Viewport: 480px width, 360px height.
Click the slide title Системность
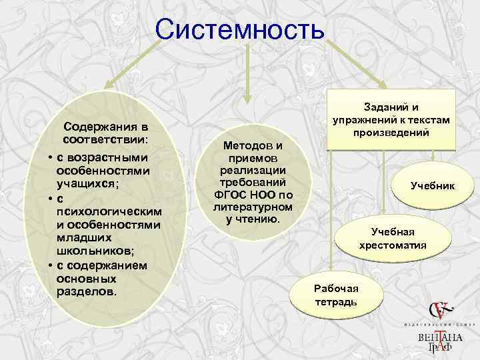(x=239, y=30)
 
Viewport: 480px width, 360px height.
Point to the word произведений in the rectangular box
(x=391, y=133)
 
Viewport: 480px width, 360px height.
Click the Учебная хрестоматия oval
(x=393, y=238)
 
